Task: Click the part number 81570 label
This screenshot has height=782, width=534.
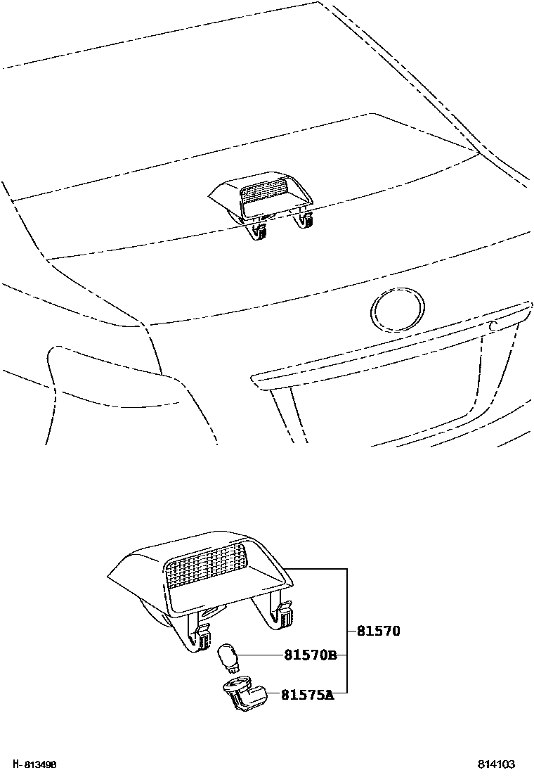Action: (x=379, y=631)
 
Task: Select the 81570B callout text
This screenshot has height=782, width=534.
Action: (x=311, y=655)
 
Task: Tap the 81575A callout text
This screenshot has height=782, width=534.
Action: (x=307, y=694)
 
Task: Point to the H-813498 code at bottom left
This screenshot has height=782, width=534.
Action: (x=35, y=764)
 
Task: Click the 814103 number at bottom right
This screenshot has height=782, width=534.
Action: (x=496, y=764)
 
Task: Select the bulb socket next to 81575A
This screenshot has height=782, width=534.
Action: (x=245, y=693)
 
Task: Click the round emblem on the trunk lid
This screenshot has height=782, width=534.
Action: (x=398, y=309)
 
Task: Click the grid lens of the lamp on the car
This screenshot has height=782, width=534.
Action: (x=265, y=191)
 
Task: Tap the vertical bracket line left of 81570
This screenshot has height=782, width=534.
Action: (x=346, y=631)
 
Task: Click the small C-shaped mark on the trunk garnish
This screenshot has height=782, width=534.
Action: (x=492, y=326)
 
